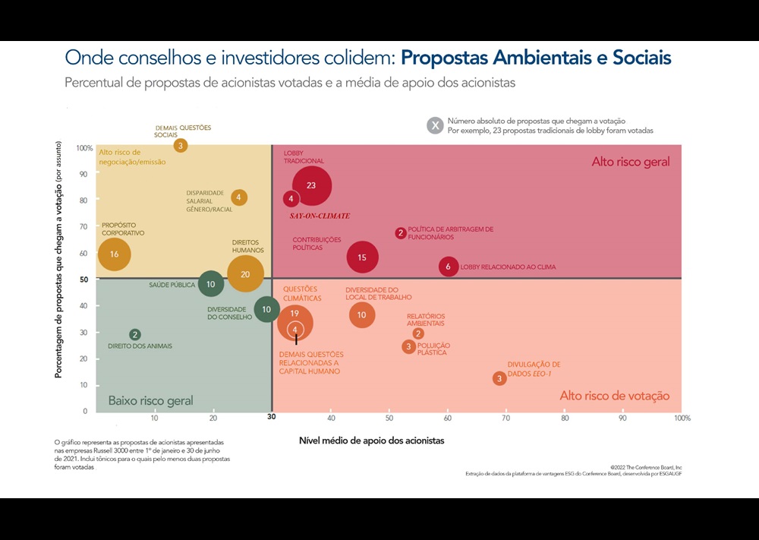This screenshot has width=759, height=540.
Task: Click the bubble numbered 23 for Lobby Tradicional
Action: tap(310, 185)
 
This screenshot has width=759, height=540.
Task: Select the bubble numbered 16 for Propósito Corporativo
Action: tap(114, 254)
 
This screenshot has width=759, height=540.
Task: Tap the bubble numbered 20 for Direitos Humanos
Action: tap(245, 274)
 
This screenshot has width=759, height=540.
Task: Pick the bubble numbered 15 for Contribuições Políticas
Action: tap(362, 257)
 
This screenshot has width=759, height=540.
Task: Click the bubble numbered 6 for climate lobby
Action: tap(449, 267)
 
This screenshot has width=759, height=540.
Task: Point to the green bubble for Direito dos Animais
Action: tap(135, 334)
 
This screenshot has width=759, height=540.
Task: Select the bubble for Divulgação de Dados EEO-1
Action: tap(499, 378)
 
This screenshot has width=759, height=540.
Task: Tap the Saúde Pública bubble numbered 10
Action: tap(211, 284)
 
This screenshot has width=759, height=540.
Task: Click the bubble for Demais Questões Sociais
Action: tap(181, 145)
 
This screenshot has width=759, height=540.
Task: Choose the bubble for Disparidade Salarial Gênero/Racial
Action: tap(238, 197)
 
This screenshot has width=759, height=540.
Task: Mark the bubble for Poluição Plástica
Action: tap(409, 346)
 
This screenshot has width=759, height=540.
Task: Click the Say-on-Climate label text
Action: tap(320, 216)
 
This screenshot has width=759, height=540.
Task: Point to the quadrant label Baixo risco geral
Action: tap(150, 400)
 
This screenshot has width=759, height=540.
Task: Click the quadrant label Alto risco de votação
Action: tap(614, 396)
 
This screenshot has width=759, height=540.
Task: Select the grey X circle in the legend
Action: tap(435, 126)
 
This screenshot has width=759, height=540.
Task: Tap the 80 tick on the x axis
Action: tap(565, 418)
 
